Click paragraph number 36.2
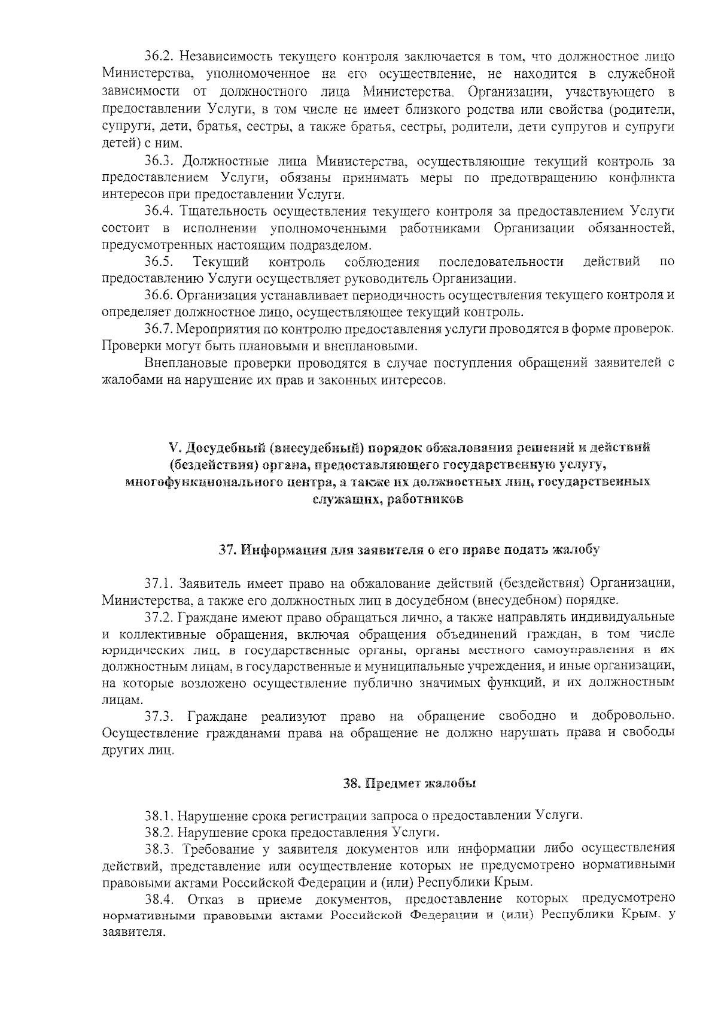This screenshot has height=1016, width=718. tap(159, 57)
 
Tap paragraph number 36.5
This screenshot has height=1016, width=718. tap(159, 262)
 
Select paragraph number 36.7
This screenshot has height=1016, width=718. tap(159, 329)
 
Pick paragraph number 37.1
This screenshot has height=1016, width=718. tap(159, 583)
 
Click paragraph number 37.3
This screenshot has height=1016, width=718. tap(159, 716)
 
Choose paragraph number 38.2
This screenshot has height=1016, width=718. tap(159, 832)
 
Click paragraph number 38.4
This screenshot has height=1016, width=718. tap(159, 899)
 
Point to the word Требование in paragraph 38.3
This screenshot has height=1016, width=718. tap(219, 848)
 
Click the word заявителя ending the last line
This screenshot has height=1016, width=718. tap(132, 933)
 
